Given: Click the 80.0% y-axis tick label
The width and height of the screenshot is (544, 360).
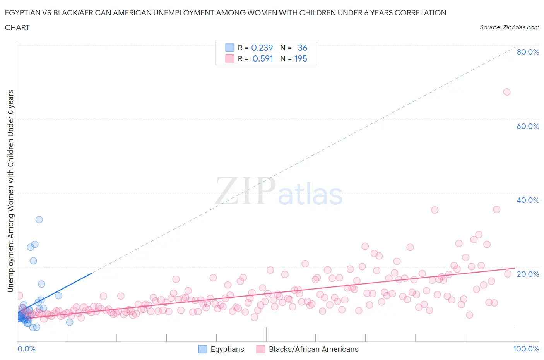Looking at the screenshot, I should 528,52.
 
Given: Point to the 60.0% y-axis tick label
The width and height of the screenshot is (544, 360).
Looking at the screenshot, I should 528,126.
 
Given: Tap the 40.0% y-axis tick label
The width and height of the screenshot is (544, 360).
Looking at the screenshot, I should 528,200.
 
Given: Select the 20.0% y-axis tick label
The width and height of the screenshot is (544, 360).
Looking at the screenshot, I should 528,274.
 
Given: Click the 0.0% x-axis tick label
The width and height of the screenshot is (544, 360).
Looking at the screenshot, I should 26,349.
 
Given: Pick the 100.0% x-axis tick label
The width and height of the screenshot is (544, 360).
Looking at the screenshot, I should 526,349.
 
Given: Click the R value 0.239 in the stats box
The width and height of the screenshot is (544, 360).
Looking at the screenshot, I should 262,48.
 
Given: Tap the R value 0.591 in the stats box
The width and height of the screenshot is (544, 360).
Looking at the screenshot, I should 263,58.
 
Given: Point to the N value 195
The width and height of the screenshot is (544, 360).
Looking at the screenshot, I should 301,58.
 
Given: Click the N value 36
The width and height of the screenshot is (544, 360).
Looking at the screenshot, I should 302,48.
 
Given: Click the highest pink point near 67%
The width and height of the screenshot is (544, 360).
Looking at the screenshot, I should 506,92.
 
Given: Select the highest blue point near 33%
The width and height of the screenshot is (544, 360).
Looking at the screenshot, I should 39,219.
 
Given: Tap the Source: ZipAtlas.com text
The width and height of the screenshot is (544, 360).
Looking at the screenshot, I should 509,27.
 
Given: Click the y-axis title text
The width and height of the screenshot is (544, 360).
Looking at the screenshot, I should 10,191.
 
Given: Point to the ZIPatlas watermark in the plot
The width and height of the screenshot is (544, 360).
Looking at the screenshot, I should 279,191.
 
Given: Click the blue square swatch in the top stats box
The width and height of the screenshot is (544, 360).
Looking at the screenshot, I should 230,48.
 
